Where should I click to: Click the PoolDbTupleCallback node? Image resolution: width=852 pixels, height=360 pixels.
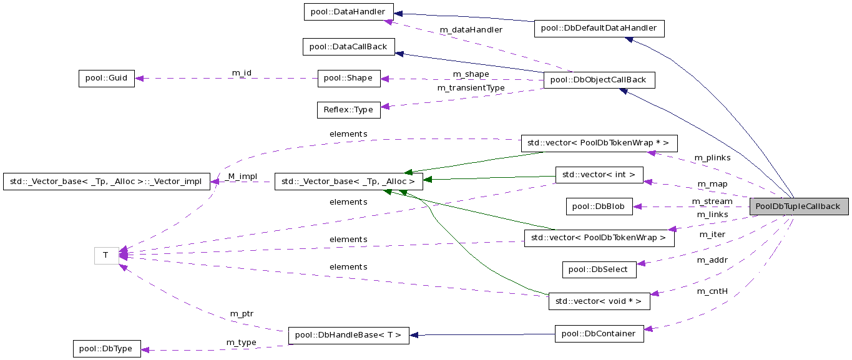(x=799, y=207)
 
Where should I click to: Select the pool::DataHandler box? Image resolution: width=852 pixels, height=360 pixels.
(x=348, y=11)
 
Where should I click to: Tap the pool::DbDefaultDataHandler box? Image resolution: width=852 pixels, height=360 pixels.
(x=599, y=28)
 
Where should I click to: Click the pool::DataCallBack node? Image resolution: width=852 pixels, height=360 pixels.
(x=348, y=46)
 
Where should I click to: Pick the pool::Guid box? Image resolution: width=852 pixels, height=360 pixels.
(x=106, y=79)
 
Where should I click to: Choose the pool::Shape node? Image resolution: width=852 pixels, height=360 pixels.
(x=349, y=78)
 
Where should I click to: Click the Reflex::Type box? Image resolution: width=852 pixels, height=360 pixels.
(x=348, y=110)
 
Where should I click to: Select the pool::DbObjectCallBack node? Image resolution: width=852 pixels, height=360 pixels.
(x=599, y=80)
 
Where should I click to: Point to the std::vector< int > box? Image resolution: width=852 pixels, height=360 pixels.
(x=599, y=175)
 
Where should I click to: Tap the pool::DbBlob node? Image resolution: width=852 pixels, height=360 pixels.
(x=599, y=206)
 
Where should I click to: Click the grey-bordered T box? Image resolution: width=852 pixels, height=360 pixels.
(x=106, y=255)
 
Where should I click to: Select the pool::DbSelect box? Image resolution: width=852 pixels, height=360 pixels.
(x=599, y=269)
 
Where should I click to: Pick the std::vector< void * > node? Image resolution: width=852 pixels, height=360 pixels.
(x=599, y=301)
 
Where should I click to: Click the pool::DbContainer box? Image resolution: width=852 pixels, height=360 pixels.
(x=599, y=334)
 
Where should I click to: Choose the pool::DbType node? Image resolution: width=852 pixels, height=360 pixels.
(x=107, y=349)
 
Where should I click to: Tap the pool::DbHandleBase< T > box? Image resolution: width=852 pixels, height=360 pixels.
(x=349, y=335)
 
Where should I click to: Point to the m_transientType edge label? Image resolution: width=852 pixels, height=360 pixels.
(x=471, y=88)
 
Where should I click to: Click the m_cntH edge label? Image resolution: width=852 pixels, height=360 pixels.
(x=713, y=291)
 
